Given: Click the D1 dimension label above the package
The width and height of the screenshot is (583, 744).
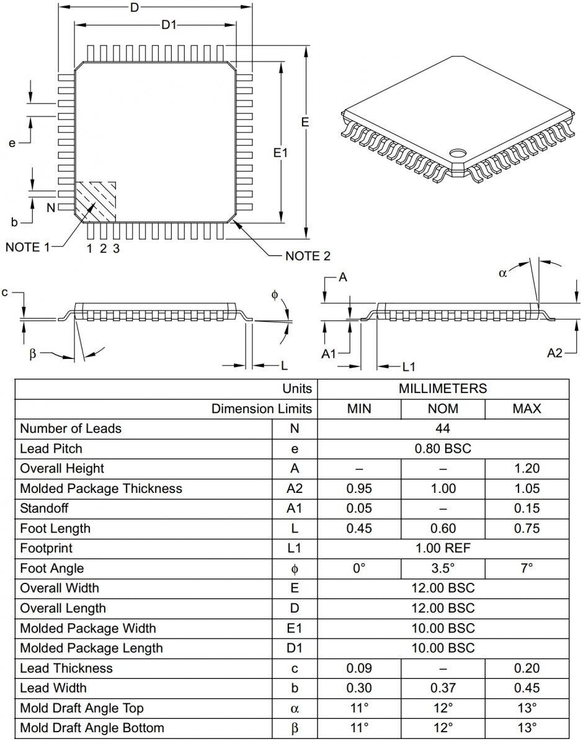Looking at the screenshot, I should [169, 25].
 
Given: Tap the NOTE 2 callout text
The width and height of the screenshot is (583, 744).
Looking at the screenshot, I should [308, 256].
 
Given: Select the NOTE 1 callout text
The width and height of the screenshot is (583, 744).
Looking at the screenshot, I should [27, 247].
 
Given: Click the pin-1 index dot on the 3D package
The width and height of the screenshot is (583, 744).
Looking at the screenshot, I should [459, 152].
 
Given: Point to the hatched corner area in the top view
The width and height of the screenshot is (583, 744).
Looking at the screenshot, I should [96, 200].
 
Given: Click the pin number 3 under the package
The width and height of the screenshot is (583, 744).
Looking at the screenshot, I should [116, 249].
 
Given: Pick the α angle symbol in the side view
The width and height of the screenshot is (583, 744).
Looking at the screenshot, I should [503, 273].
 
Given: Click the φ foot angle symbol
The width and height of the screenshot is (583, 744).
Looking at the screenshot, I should [275, 295].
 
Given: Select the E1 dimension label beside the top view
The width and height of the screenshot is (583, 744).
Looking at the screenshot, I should [281, 152].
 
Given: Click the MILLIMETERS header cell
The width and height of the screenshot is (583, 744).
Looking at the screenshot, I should [443, 389].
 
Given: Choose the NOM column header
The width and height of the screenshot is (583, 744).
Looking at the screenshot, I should [443, 409].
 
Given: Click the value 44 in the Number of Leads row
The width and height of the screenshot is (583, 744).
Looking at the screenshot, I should [443, 428].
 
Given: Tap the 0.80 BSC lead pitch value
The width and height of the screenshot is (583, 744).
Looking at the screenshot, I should [443, 448].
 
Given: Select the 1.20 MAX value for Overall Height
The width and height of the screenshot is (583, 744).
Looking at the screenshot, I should [527, 469].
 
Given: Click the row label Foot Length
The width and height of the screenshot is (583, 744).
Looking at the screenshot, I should [55, 528].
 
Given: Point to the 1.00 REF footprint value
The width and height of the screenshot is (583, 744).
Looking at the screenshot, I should [443, 548].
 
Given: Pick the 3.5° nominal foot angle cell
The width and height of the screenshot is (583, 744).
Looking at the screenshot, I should [443, 569].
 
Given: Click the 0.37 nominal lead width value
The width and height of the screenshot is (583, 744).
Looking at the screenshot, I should [443, 688].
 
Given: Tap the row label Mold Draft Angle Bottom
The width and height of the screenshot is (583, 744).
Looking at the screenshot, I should [92, 728].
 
